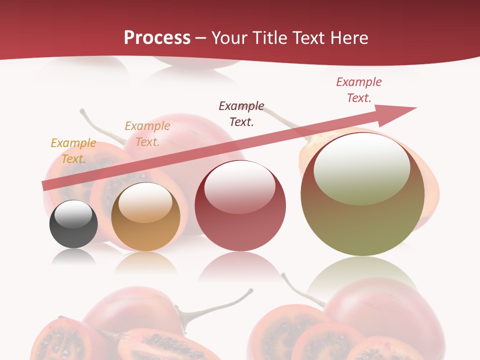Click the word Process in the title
coord(157,38)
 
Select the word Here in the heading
coord(350,38)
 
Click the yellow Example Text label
coord(73,150)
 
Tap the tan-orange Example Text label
coord(147,133)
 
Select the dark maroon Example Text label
coord(241,113)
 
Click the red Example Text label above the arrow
coord(359,89)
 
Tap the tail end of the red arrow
coord(46,186)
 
